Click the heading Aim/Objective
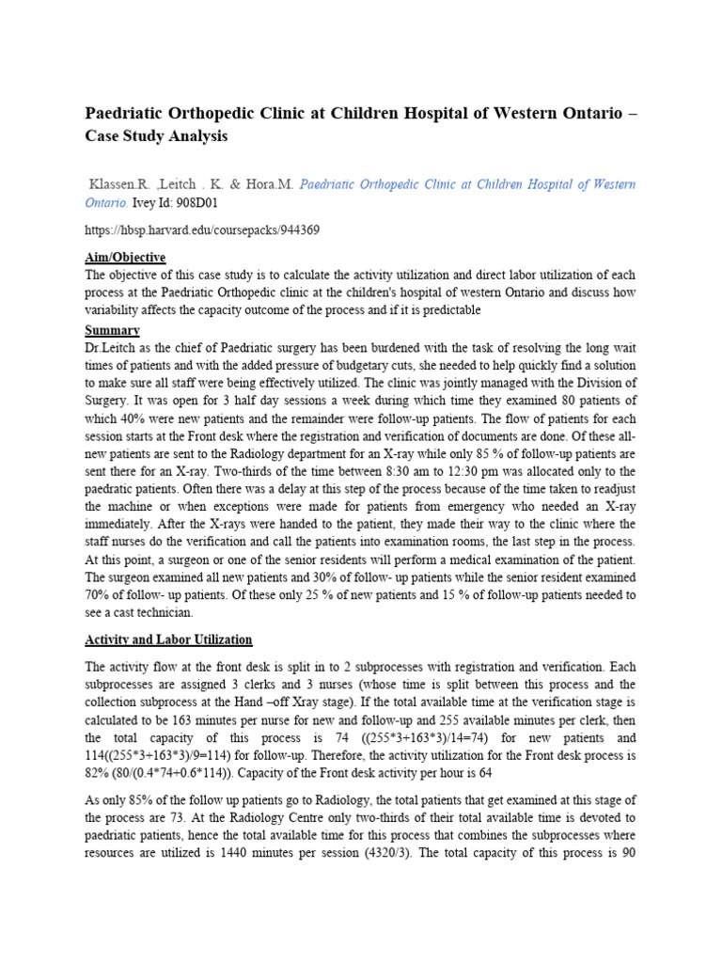125,258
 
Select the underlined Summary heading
113,331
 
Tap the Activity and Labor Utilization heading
168,639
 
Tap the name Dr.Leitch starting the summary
112,349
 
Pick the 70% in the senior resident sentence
99,594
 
